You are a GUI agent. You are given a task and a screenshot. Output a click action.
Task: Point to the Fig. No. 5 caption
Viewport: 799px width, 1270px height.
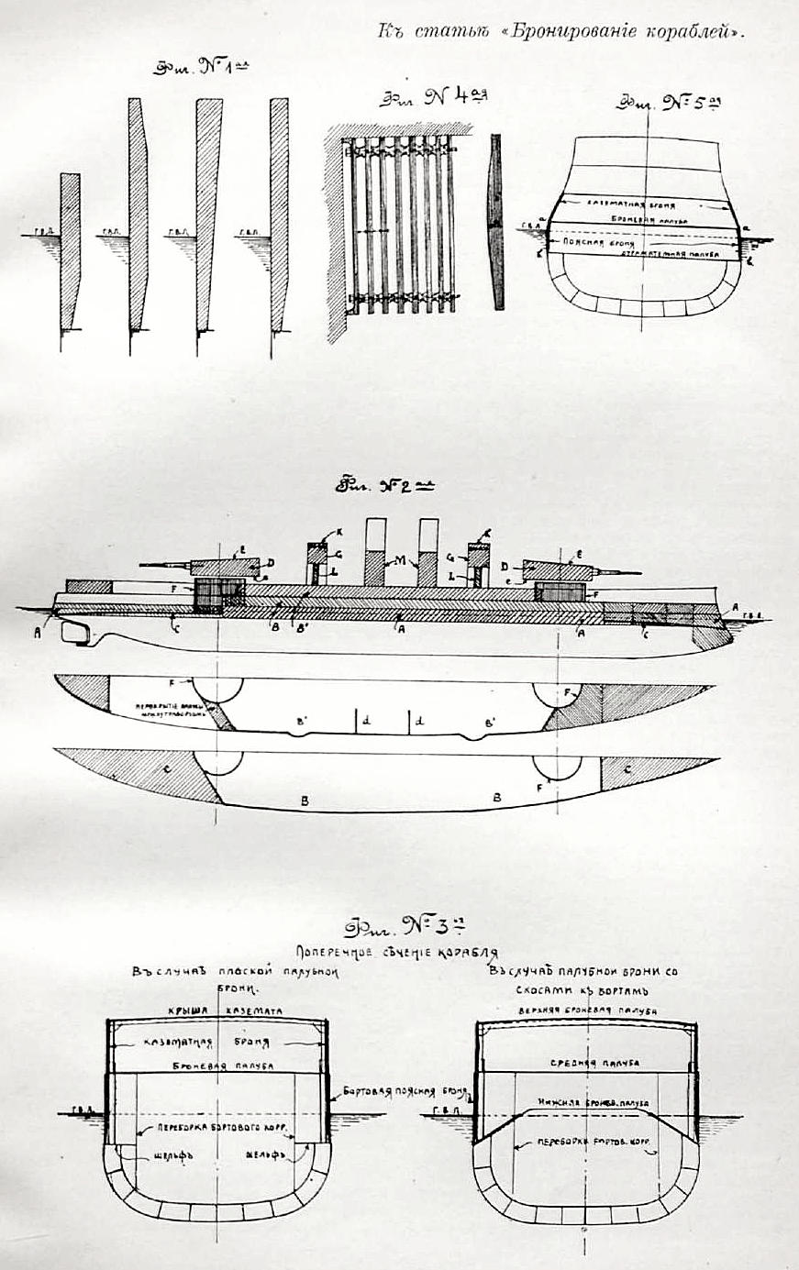[x=671, y=103]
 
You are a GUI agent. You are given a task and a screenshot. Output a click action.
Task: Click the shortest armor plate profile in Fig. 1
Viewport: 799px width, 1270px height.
[x=70, y=248]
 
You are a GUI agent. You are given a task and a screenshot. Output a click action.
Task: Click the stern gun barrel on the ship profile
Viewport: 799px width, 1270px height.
[x=166, y=564]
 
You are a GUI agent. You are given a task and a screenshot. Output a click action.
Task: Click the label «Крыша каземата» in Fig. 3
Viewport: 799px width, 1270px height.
[x=218, y=1010]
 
